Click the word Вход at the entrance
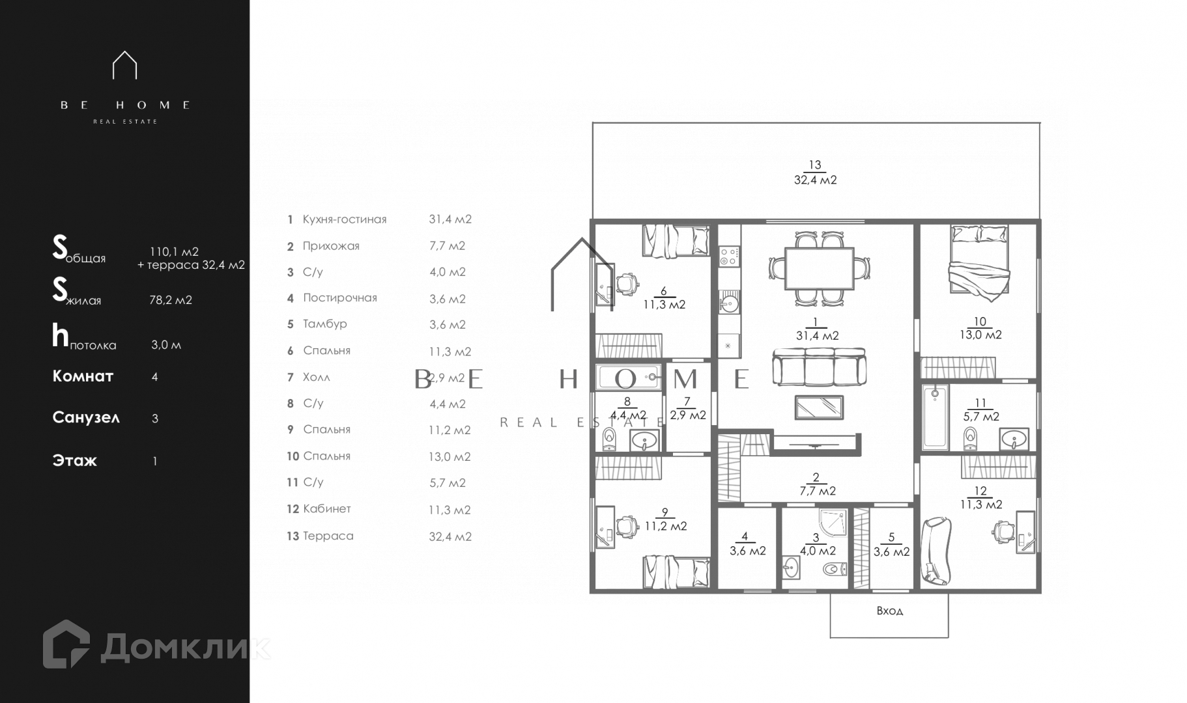(x=889, y=611)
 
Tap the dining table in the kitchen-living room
(x=819, y=268)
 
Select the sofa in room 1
(x=819, y=368)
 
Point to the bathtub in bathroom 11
(x=935, y=417)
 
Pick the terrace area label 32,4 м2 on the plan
(x=815, y=180)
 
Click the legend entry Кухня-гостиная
(x=345, y=219)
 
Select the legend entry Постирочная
(x=340, y=297)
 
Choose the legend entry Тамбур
(x=325, y=324)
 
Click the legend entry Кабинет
(x=327, y=508)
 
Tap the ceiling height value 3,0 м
(x=166, y=345)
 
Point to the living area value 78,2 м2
(x=171, y=300)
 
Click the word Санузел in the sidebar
(x=86, y=417)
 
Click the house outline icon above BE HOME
(x=124, y=65)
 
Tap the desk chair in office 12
(x=1001, y=532)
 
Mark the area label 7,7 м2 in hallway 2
(x=818, y=491)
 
